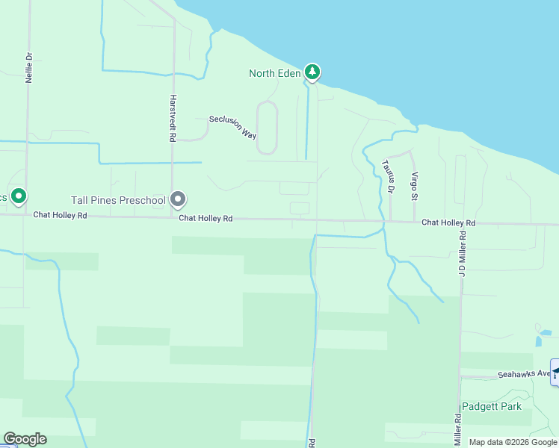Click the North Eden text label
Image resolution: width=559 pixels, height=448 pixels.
coord(274,73)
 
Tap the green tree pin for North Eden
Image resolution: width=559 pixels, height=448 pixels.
coord(312,72)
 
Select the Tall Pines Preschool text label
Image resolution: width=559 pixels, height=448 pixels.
coord(118,200)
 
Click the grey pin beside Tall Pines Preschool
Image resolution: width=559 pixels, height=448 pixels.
coord(178,199)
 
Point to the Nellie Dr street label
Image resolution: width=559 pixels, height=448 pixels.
coord(29,67)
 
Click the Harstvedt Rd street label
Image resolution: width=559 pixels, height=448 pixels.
coord(172,118)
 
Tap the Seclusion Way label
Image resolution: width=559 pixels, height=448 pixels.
coord(233,127)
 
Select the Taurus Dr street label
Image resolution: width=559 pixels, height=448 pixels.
coord(386,176)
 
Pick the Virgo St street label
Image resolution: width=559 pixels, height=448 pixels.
coord(413,186)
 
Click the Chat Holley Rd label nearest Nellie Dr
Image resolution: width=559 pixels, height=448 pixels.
coord(61,215)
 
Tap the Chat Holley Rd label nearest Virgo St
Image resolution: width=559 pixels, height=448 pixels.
coord(448,223)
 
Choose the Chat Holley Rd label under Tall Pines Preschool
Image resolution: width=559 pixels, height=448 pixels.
coord(206,219)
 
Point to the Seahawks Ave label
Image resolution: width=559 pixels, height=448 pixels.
coord(524,373)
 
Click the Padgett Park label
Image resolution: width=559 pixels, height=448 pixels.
coord(491,407)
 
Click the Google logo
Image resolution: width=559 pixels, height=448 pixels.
coord(25,439)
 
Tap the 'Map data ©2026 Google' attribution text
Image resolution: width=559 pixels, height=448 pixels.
coord(513,442)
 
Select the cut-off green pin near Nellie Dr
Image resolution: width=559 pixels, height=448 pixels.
coord(19,196)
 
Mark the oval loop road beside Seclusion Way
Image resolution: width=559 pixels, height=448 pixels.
coord(267,128)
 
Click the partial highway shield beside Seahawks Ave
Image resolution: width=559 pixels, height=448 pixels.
coord(555,373)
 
